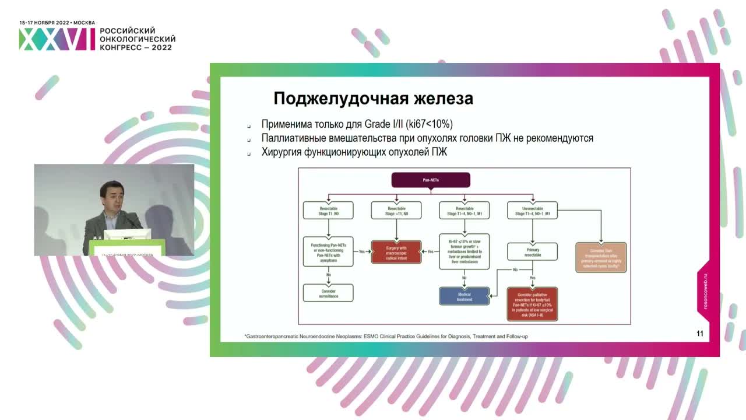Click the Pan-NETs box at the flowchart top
(431, 180)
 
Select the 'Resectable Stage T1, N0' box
(328, 211)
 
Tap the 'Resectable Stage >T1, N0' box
(396, 211)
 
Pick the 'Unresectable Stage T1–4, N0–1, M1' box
(533, 211)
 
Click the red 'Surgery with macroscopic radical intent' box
(396, 252)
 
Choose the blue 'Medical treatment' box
(464, 296)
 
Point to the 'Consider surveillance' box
(328, 293)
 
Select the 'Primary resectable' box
(533, 251)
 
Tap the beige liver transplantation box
(601, 257)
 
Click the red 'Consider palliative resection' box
(533, 303)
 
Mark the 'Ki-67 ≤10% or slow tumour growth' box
(464, 252)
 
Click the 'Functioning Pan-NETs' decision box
(328, 251)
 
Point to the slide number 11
(700, 334)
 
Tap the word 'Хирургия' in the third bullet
(281, 153)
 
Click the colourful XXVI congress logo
(57, 39)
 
